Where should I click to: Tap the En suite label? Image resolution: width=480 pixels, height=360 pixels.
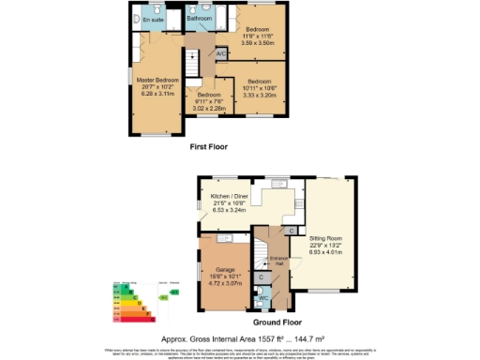pos(152,19)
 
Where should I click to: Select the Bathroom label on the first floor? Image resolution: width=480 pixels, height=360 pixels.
pos(199,18)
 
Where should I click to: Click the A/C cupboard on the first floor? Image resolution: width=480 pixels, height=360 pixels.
pos(220,55)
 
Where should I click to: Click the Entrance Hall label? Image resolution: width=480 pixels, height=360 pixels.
pos(277,260)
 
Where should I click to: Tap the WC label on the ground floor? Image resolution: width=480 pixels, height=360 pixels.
pos(262,300)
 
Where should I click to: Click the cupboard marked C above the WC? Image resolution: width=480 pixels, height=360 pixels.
pos(262,278)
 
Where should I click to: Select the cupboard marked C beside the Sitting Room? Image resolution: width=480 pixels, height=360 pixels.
pos(292,231)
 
